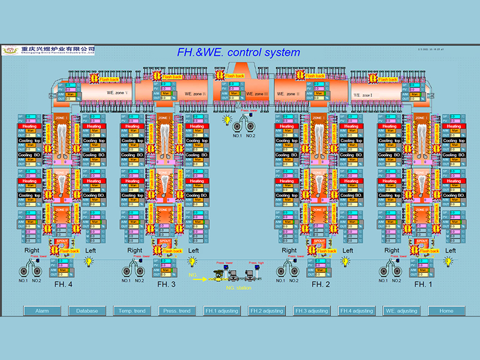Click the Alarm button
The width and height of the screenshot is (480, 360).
(x=42, y=311)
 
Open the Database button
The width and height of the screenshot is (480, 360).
(x=87, y=311)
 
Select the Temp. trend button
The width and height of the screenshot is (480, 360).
(x=132, y=311)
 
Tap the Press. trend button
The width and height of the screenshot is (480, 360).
(x=177, y=311)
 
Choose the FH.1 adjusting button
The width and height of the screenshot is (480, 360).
(x=222, y=311)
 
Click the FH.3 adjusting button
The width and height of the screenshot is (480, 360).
(x=312, y=311)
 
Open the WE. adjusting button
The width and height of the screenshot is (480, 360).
(x=402, y=311)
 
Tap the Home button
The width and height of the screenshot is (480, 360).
(x=446, y=311)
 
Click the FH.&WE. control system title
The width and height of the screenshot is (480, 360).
(x=238, y=52)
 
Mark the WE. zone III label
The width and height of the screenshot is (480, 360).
(x=257, y=94)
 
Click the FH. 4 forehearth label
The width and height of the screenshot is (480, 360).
(x=63, y=284)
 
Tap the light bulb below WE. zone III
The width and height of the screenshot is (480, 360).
(x=227, y=120)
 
